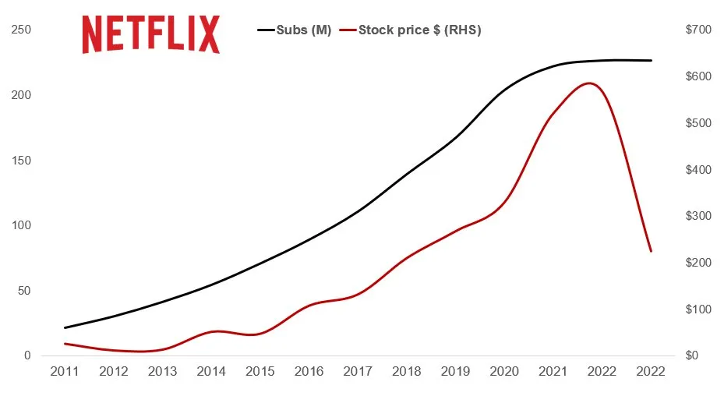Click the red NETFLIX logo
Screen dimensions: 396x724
151,34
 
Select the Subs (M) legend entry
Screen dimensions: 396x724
295,30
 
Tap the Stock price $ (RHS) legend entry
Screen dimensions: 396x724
419,30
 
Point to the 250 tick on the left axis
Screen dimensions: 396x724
20,30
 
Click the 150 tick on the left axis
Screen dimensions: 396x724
20,161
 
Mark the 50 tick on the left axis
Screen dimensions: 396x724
23,291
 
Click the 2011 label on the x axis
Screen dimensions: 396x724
65,372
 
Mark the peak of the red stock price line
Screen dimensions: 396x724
590,83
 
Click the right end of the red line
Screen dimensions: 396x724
651,251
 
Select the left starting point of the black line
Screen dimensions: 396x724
65,327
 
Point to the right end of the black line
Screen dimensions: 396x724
651,60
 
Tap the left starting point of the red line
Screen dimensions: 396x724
65,343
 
